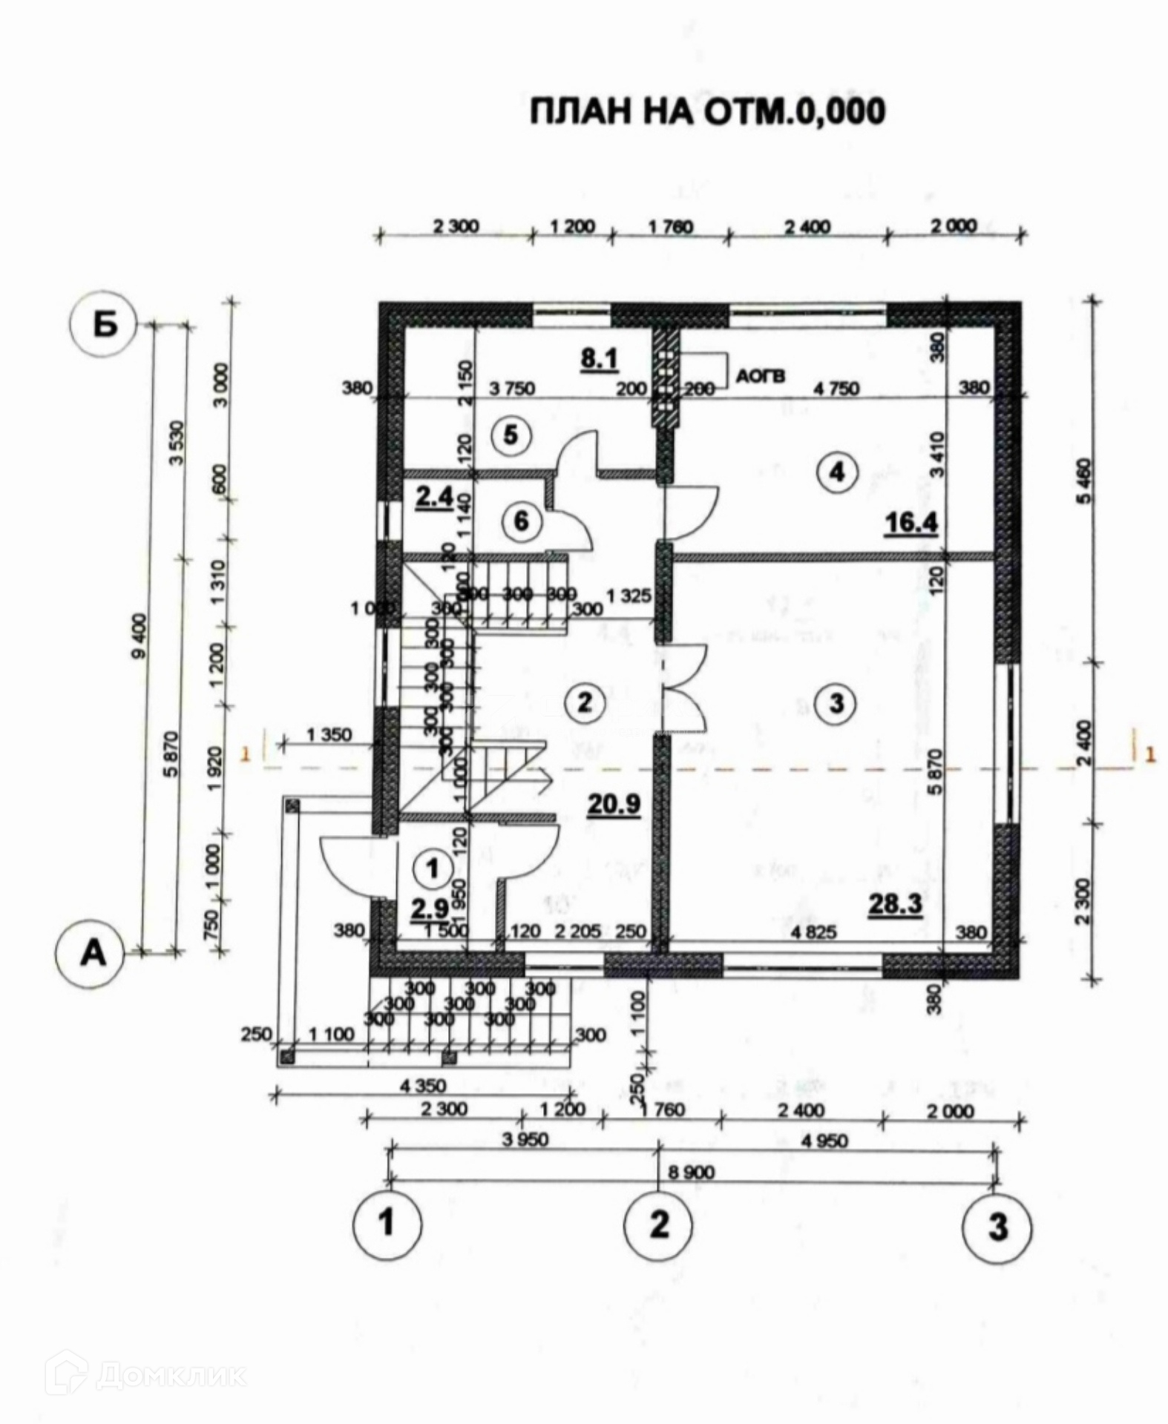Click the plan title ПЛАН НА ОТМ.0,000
707,111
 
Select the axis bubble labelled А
92,953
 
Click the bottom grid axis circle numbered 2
659,1224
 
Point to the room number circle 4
837,471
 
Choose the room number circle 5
511,435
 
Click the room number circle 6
521,521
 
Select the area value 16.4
911,523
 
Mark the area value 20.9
613,803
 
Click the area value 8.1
599,359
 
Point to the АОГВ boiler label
760,377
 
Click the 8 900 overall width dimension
691,1172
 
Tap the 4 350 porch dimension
424,1087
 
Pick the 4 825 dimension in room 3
813,932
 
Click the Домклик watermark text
170,1377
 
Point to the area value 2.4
433,495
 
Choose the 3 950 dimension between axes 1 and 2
525,1138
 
